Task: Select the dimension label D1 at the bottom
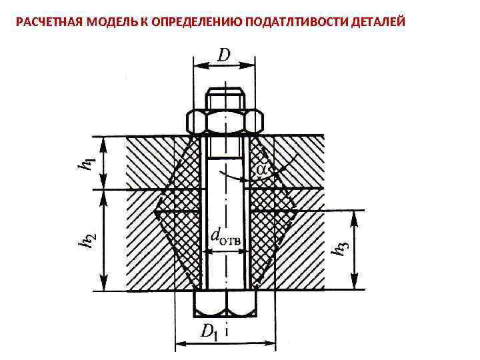tap(211, 331)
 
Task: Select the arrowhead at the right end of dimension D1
tap(272, 345)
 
